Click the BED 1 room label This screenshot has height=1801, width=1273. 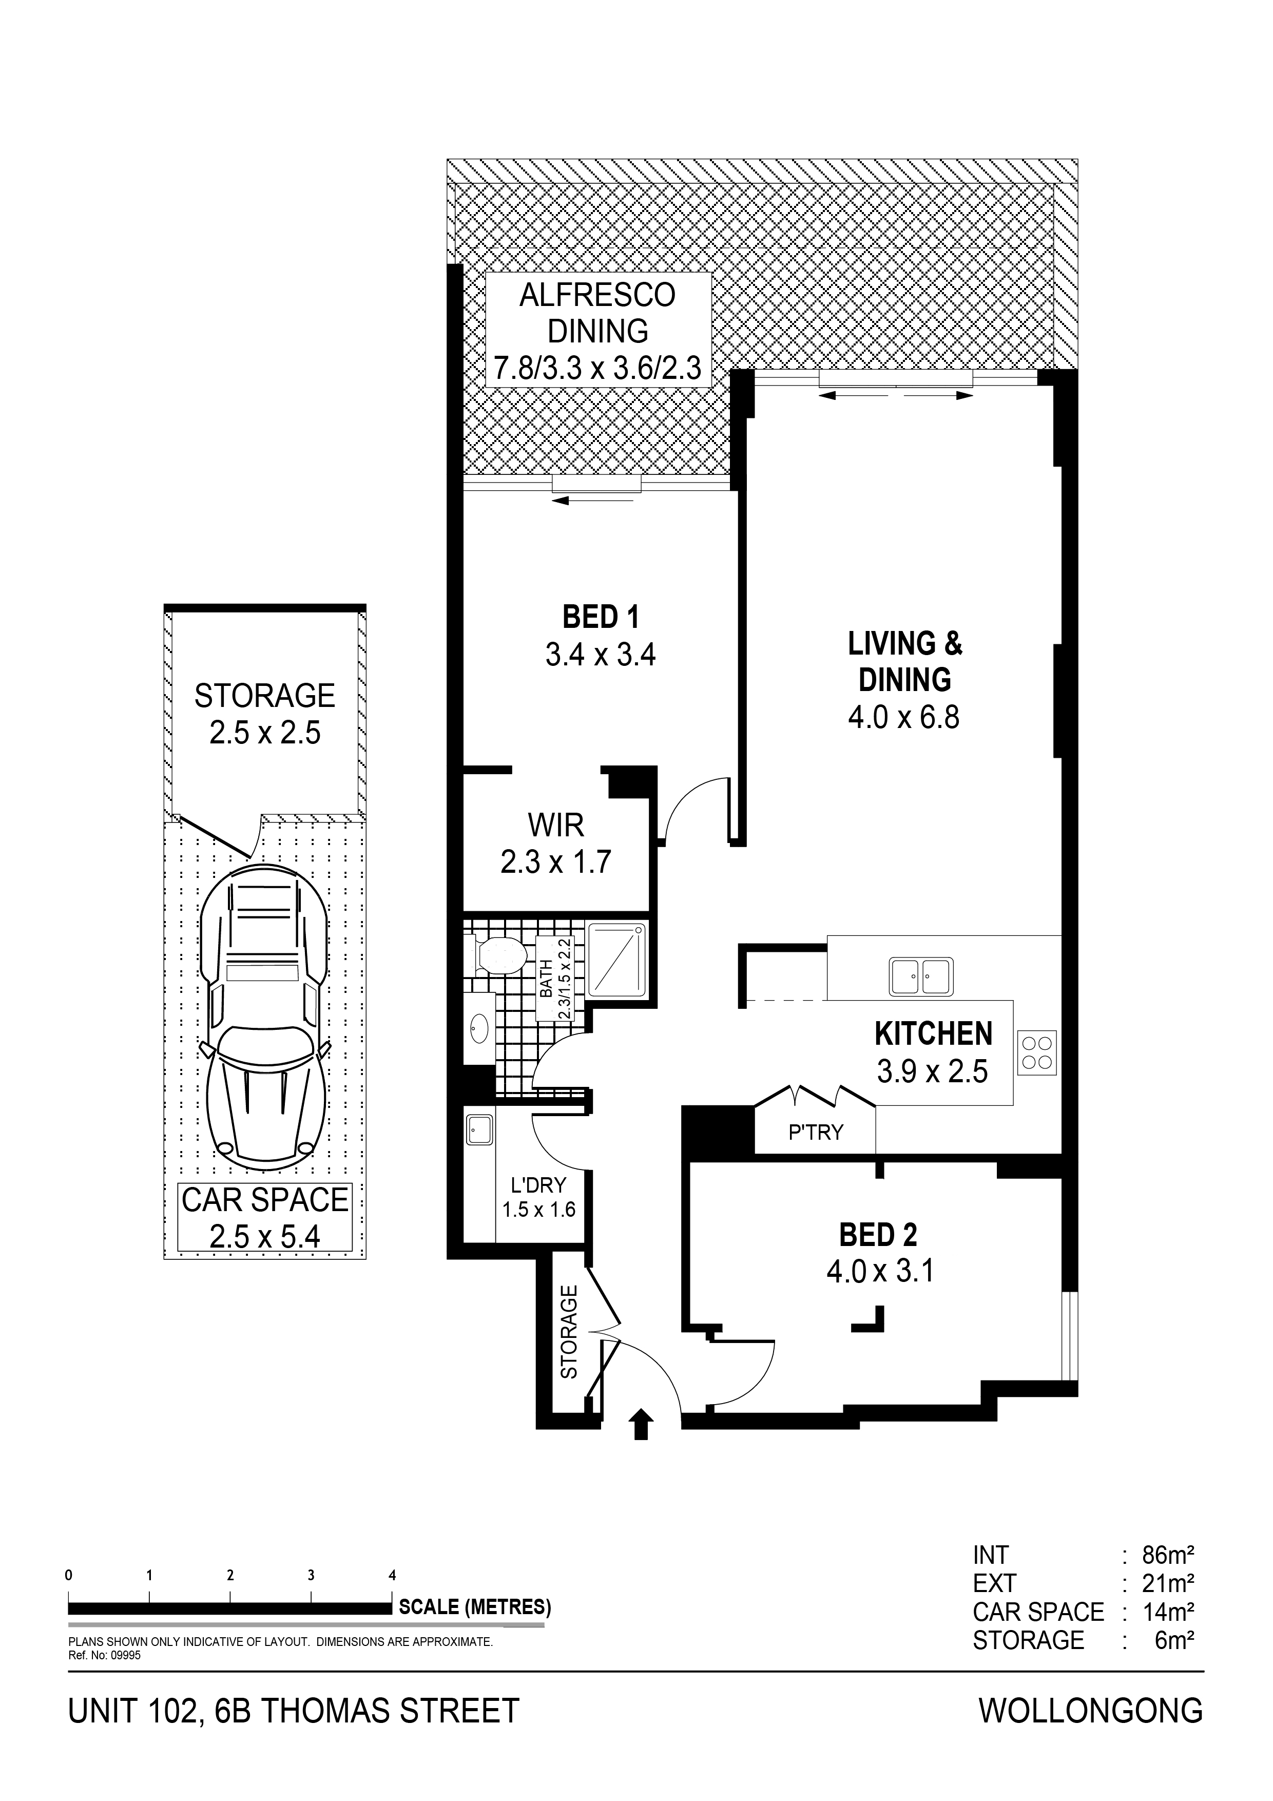[601, 617]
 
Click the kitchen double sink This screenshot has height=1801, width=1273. [921, 976]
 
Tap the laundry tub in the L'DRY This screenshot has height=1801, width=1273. [478, 1129]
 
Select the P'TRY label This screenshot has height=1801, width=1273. [816, 1132]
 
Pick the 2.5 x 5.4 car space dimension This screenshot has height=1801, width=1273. [265, 1237]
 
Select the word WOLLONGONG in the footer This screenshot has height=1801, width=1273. [1091, 1710]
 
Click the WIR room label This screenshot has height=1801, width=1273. [555, 825]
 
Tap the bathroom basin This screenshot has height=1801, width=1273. [478, 1028]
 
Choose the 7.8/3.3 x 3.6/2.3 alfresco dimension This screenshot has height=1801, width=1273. [597, 367]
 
